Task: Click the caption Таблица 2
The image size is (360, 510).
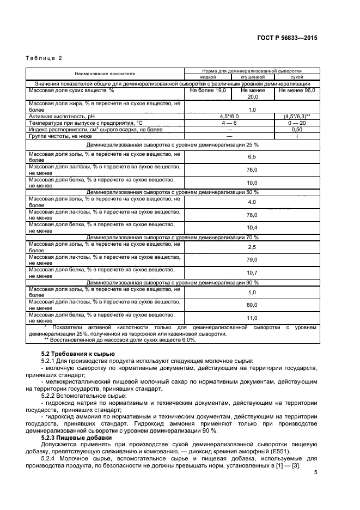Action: (x=45, y=58)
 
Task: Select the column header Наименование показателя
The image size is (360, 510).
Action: (x=105, y=73)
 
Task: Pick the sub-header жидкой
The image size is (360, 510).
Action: (x=207, y=77)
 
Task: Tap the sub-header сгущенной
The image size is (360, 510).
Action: (x=252, y=77)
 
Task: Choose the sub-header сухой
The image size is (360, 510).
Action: (x=297, y=77)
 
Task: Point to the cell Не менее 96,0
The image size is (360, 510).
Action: (x=297, y=90)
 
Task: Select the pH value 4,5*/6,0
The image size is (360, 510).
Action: (x=229, y=116)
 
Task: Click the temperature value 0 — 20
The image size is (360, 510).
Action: (x=297, y=123)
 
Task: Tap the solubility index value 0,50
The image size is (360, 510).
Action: (x=297, y=130)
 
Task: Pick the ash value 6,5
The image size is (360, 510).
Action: (x=252, y=156)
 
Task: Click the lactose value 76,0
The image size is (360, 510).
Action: (x=252, y=169)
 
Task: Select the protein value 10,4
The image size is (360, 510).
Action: (x=252, y=227)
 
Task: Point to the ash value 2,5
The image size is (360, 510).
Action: (x=252, y=247)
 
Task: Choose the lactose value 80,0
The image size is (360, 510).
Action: (x=252, y=305)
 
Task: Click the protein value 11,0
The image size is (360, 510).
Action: (x=252, y=318)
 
